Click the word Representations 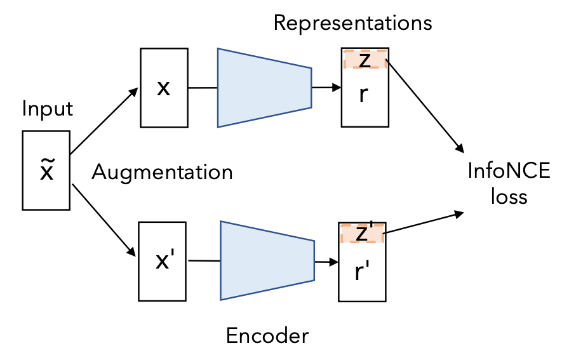tap(352, 23)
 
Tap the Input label tap(48, 109)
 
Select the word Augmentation tap(162, 171)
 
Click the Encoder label tap(267, 335)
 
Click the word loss tap(509, 196)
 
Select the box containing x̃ tap(46, 170)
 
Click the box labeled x tap(163, 88)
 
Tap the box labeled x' tap(163, 260)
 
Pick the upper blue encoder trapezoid tap(264, 88)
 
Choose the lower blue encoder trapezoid tap(266, 260)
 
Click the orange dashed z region tap(365, 58)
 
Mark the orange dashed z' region tap(362, 233)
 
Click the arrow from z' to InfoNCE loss tap(422, 224)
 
